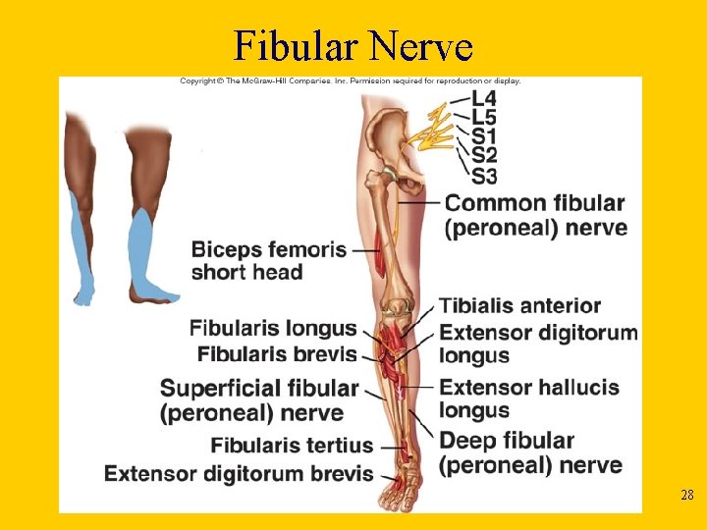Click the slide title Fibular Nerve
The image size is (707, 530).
pos(353,45)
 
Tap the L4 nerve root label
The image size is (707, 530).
pos(483,98)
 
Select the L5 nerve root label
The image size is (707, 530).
pos(483,117)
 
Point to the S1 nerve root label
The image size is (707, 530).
pos(483,135)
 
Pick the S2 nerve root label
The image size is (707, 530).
pos(483,155)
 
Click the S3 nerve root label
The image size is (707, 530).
pos(483,176)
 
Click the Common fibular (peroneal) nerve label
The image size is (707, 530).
pos(534,215)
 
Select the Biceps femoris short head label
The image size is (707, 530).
pos(268,260)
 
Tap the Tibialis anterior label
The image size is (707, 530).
pos(519,305)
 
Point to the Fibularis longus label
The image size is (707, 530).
pos(273,327)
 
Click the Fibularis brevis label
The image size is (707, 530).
pos(277,352)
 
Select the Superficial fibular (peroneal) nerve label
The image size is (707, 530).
pos(259,400)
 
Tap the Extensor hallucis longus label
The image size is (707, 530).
pos(528,397)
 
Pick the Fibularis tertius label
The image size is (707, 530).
pos(292,446)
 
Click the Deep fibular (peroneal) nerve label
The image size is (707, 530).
pos(529,452)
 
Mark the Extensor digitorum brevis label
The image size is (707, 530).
pos(239,474)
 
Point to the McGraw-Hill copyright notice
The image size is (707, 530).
pos(350,80)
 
